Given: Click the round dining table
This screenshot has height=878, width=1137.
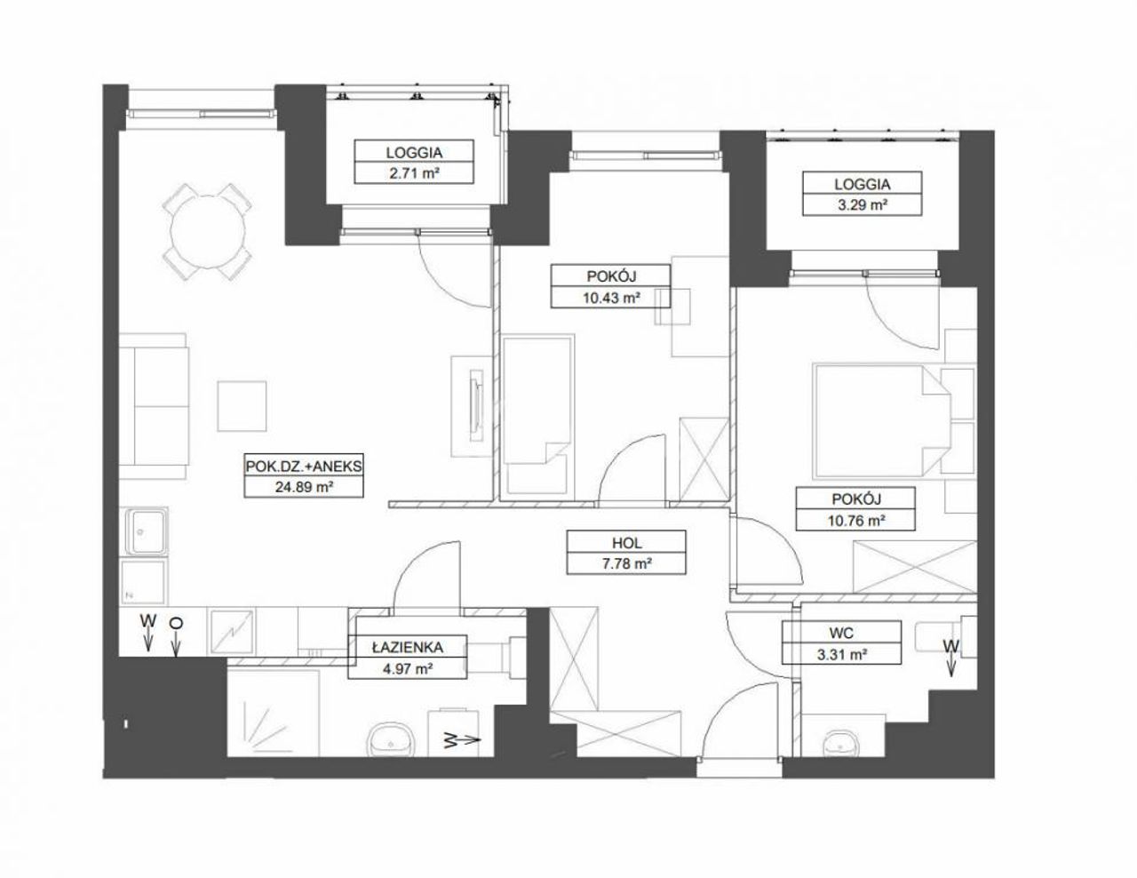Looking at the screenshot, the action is (x=208, y=231).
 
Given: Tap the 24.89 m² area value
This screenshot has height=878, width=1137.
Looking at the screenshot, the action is (x=304, y=487).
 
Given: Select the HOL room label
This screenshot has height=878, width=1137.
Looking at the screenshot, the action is (x=626, y=543).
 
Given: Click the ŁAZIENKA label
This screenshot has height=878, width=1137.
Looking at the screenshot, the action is (x=407, y=647).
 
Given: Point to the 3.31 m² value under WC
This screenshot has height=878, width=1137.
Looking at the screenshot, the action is (x=841, y=655).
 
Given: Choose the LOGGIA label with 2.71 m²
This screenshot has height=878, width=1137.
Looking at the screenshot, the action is (x=414, y=153).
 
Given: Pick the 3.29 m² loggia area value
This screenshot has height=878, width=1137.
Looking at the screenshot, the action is (x=863, y=205).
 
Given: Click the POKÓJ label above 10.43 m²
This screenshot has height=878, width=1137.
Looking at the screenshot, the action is (x=610, y=275).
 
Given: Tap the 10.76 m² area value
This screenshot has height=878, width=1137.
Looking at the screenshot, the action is (x=855, y=521).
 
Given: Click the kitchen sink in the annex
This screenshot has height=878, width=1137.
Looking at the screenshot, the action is (x=144, y=531).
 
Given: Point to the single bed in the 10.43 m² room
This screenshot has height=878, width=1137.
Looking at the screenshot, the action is (x=537, y=414).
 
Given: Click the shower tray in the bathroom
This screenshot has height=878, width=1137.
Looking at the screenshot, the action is (x=273, y=714).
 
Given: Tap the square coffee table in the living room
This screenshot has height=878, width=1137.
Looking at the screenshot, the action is (x=242, y=406).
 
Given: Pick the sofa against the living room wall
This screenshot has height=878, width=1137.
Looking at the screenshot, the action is (x=154, y=406).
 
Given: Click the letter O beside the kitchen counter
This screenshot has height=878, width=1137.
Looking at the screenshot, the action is (x=177, y=623).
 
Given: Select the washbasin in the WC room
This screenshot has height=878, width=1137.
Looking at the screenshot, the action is (x=840, y=742).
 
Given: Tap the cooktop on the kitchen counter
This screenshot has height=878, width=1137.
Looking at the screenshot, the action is (x=231, y=632).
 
